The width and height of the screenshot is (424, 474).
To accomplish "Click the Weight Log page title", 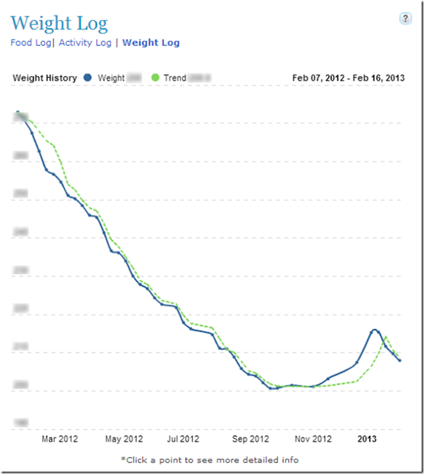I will pyautogui.click(x=59, y=24).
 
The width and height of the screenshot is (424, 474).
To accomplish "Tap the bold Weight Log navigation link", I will pyautogui.click(x=151, y=43).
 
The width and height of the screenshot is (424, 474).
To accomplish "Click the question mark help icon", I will pyautogui.click(x=406, y=18).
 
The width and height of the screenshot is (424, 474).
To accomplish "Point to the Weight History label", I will pyautogui.click(x=45, y=78).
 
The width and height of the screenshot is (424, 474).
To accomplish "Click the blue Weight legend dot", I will pyautogui.click(x=88, y=78).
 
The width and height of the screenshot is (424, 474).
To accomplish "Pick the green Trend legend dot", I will pyautogui.click(x=156, y=78).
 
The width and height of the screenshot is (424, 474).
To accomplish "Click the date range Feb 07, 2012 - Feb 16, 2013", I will pyautogui.click(x=349, y=78).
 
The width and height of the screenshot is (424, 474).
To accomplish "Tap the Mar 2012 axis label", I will pyautogui.click(x=59, y=439).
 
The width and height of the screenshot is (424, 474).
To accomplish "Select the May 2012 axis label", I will pyautogui.click(x=124, y=439).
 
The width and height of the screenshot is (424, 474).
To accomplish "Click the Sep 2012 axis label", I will pyautogui.click(x=251, y=439).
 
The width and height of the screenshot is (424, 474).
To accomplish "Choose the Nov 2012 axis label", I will pyautogui.click(x=314, y=439).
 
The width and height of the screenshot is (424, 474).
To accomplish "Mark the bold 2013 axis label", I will pyautogui.click(x=367, y=439).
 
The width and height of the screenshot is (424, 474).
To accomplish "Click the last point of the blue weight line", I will pyautogui.click(x=400, y=360).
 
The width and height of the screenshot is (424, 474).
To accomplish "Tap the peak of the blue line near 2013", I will pyautogui.click(x=374, y=329).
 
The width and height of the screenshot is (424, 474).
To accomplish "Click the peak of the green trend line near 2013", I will pyautogui.click(x=386, y=337).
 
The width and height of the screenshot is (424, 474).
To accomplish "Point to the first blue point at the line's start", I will pyautogui.click(x=18, y=112).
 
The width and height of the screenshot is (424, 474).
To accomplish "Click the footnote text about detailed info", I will pyautogui.click(x=209, y=460).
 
